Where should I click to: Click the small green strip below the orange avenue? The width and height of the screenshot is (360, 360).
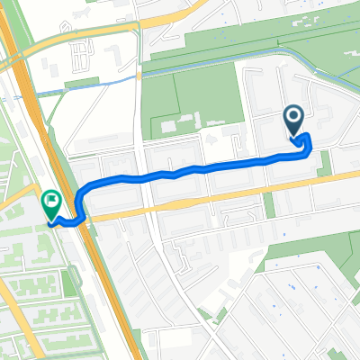click(x=267, y=206)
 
